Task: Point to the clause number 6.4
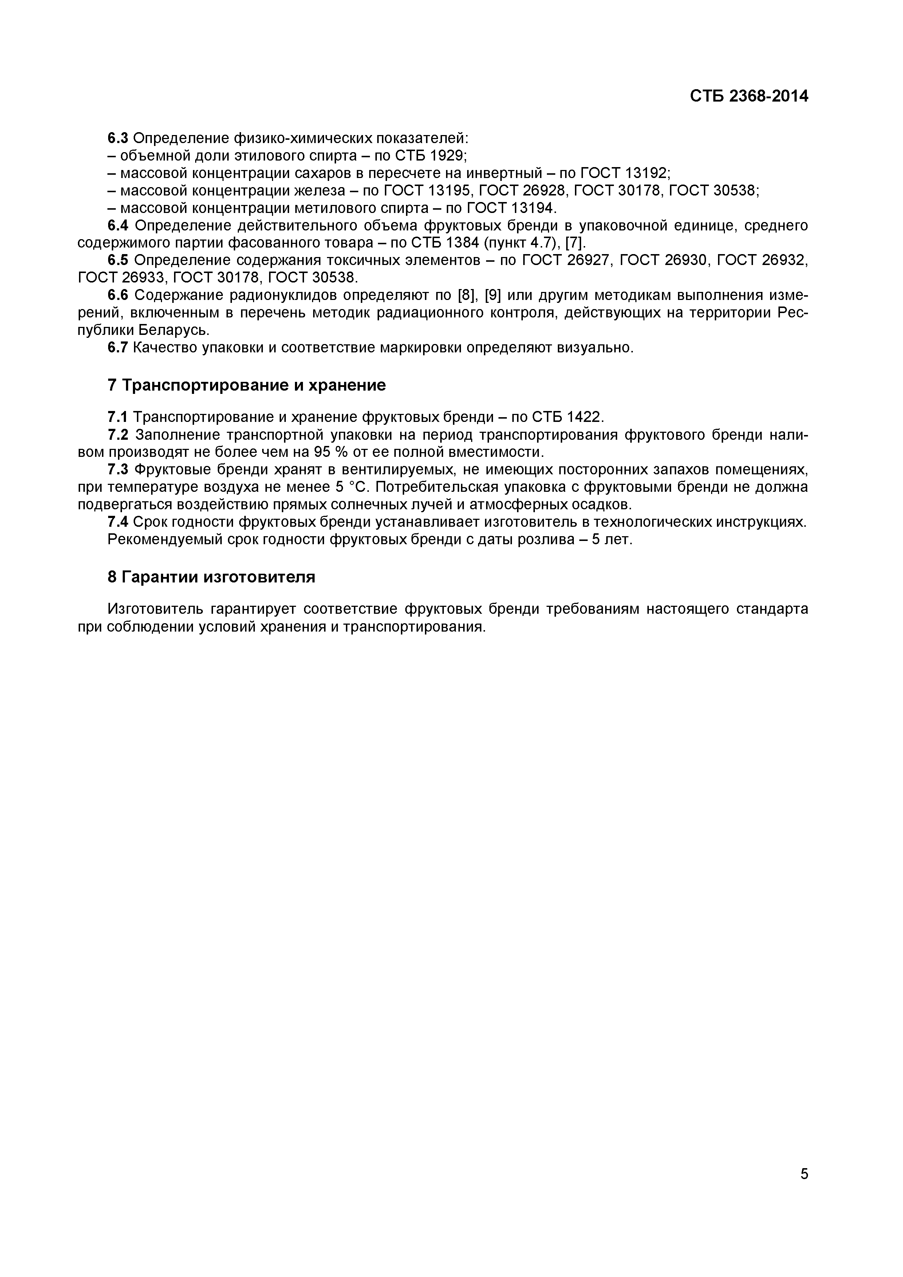point(118,225)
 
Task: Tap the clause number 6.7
point(118,348)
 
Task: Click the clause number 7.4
point(118,522)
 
